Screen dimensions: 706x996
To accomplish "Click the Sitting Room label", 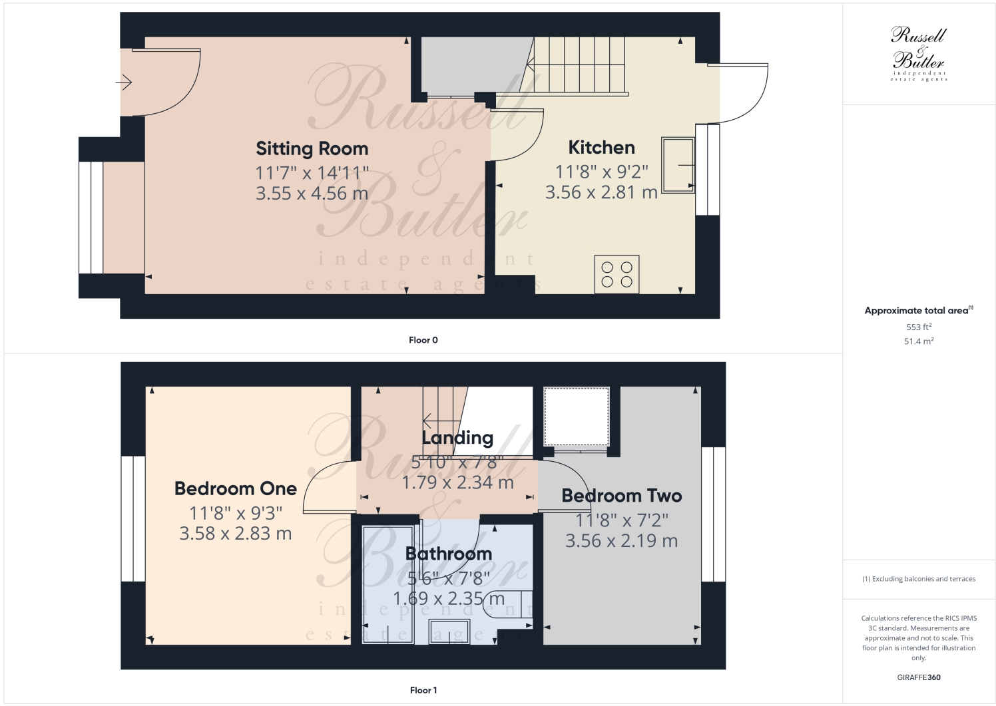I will (x=312, y=148).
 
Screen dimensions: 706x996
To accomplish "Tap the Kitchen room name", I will (x=601, y=147).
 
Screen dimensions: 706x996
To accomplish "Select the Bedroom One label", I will (x=235, y=488).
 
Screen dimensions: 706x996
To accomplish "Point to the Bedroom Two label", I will (x=621, y=496).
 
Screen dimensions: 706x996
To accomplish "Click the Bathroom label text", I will (x=448, y=554).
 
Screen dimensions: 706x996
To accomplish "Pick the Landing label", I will (x=457, y=438).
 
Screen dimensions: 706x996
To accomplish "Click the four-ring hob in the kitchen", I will (x=617, y=274).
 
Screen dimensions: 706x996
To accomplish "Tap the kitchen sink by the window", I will (x=678, y=164).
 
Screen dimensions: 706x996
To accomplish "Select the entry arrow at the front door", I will (x=124, y=83).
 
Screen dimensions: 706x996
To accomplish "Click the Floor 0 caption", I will (x=423, y=340).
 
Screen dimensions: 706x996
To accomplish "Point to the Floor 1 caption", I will (x=423, y=690).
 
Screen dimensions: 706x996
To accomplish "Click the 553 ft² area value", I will (x=918, y=327).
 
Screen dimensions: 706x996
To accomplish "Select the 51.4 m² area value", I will (x=918, y=341).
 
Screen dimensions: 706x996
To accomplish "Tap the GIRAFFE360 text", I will (x=918, y=677).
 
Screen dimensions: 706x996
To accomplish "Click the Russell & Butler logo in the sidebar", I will (x=918, y=53).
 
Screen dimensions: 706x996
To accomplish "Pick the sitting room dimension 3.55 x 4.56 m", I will (x=312, y=194).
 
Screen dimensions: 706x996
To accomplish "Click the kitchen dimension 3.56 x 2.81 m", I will (x=601, y=192).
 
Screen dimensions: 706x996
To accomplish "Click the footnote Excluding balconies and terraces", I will (x=918, y=579).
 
